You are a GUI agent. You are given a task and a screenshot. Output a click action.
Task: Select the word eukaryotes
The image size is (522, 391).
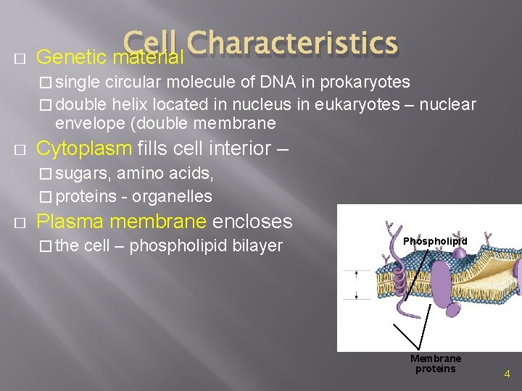click(x=357, y=104)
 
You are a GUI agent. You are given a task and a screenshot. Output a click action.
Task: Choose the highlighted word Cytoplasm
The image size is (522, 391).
click(x=84, y=149)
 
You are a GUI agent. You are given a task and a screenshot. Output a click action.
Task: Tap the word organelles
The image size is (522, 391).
click(x=173, y=196)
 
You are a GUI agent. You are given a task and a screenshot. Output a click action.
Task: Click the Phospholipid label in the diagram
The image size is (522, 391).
click(x=435, y=241)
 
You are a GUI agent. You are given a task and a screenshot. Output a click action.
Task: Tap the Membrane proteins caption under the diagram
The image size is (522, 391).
click(x=435, y=363)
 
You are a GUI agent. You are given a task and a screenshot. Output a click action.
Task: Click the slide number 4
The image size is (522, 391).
click(x=507, y=374)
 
